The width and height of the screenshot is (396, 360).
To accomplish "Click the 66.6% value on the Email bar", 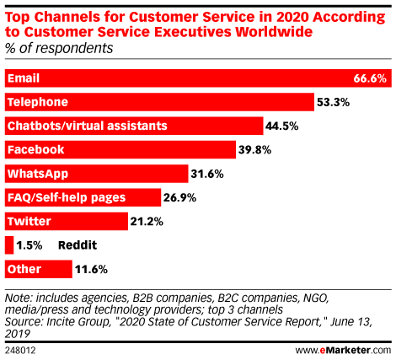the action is (370, 78).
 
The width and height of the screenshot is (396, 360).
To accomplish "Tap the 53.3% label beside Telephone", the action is (333, 102).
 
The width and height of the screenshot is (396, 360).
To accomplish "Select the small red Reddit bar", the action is (9, 245).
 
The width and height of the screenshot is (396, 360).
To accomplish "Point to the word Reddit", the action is (78, 245).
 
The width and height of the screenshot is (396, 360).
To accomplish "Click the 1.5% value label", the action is (29, 245).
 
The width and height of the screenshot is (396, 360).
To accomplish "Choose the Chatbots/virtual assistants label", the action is (88, 126).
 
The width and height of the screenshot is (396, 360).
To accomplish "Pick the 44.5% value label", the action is (281, 126).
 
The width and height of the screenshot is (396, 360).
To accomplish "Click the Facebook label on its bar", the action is (36, 150).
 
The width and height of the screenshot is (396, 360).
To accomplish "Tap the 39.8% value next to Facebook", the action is (254, 150).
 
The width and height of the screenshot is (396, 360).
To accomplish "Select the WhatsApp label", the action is (38, 174).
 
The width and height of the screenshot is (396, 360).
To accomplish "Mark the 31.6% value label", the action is (207, 174).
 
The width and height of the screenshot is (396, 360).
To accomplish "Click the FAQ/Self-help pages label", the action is (67, 198).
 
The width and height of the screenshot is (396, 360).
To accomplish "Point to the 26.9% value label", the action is (179, 198).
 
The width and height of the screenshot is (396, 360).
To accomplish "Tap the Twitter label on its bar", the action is (29, 222).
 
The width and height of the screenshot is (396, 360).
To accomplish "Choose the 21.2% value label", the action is (147, 222).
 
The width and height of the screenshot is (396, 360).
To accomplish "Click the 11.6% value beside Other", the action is (91, 270).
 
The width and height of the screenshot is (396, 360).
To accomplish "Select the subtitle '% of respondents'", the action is (59, 48).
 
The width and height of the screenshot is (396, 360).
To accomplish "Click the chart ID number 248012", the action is (20, 351).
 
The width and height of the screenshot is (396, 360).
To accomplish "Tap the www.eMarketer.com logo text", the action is (343, 351).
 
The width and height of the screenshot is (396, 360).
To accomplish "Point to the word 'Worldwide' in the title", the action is (274, 31).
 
